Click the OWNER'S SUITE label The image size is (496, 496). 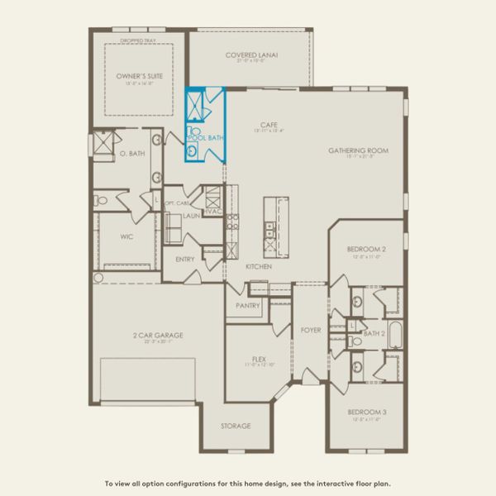[x=139, y=75]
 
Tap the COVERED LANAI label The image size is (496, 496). [x=251, y=55]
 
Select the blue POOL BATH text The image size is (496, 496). [x=206, y=137]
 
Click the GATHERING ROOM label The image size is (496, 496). [x=358, y=150]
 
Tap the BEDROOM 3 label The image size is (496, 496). [x=367, y=412]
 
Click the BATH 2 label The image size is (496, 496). [x=375, y=333]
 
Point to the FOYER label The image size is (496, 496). [x=311, y=330]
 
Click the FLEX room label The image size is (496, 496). [x=258, y=360]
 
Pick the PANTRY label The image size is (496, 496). [x=248, y=305]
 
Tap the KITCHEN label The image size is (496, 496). [x=258, y=267]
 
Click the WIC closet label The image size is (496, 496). [x=126, y=236]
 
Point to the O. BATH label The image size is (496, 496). [x=131, y=154]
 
